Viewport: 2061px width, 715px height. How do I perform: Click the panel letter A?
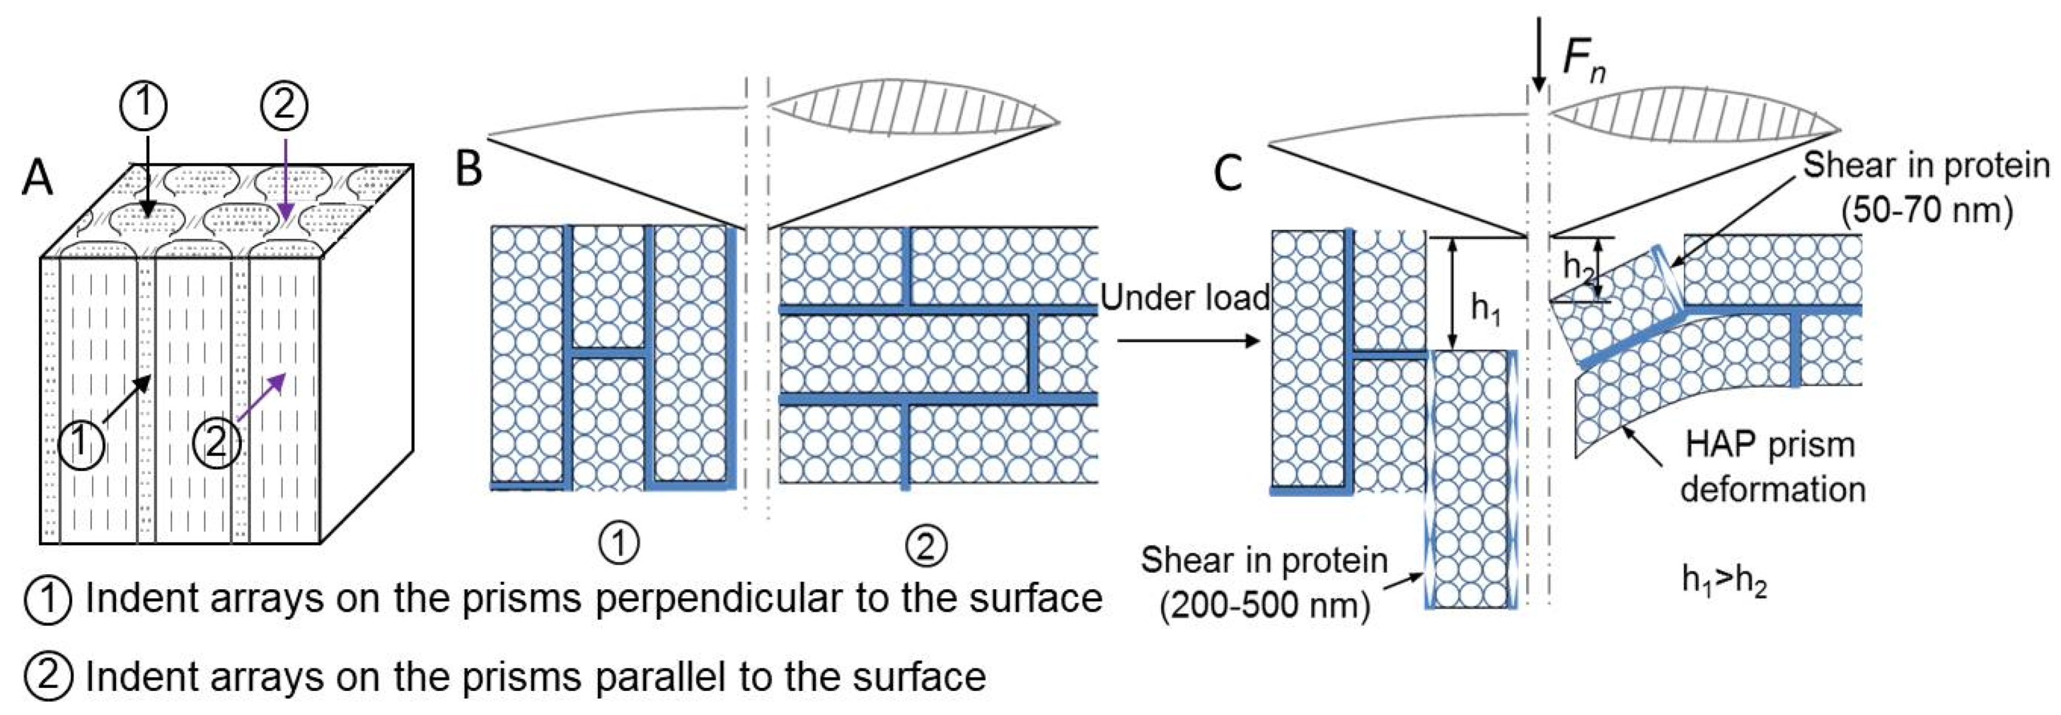click(x=37, y=177)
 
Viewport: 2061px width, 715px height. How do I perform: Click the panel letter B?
click(x=469, y=169)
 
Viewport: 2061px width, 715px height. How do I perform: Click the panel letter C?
click(x=1228, y=173)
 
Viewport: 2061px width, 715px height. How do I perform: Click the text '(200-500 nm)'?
click(x=1265, y=604)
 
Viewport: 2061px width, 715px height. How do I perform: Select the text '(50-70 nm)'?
click(x=1927, y=211)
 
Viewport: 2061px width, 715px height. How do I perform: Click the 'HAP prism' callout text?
click(x=1770, y=445)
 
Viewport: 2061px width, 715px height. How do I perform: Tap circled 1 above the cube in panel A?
click(x=144, y=106)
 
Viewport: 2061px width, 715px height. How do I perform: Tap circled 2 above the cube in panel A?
click(x=284, y=106)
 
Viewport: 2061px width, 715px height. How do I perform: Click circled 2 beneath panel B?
click(x=926, y=546)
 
